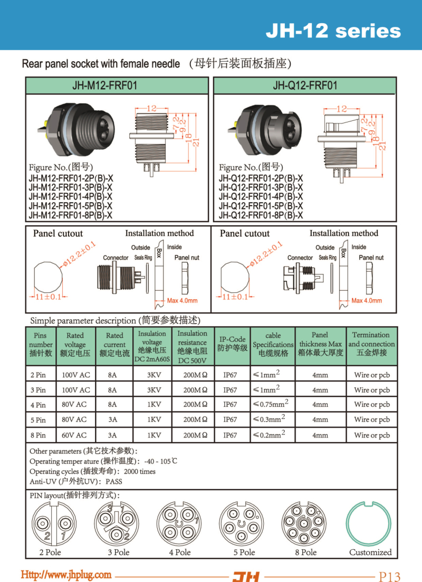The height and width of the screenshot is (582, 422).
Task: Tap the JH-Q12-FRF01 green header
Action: click(305, 85)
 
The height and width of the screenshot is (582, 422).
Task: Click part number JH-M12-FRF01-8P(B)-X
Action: click(70, 215)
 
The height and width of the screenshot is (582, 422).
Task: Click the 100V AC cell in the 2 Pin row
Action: click(75, 375)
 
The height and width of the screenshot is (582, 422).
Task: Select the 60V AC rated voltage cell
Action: click(75, 435)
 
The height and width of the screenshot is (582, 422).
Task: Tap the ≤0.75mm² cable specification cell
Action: click(271, 405)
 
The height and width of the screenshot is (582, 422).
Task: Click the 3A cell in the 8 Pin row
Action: click(112, 435)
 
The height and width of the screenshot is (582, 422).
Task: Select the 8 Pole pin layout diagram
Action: click(305, 523)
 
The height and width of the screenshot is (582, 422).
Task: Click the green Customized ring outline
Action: click(370, 523)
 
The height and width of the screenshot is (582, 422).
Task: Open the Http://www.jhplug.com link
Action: click(66, 575)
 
